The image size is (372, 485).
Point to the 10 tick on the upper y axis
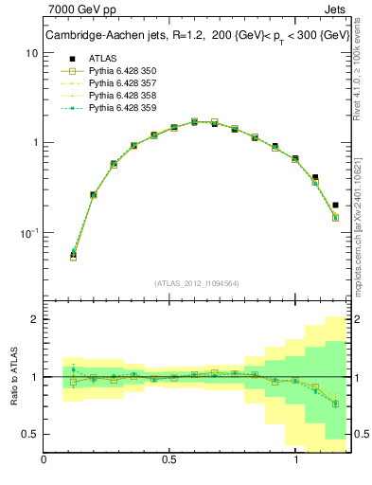click(x=31, y=53)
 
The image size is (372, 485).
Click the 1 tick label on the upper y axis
click(x=34, y=143)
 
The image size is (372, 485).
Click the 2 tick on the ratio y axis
click(x=34, y=319)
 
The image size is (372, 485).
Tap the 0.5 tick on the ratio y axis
click(x=29, y=434)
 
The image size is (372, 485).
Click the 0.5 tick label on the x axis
click(x=170, y=460)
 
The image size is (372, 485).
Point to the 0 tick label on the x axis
click(x=44, y=460)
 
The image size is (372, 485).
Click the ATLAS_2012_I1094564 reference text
click(x=196, y=282)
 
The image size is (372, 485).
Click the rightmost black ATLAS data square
click(x=336, y=205)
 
